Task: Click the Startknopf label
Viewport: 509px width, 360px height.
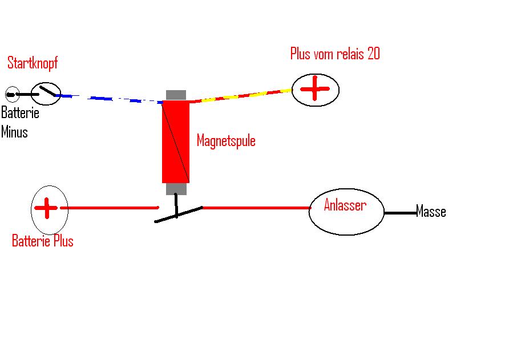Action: pyautogui.click(x=33, y=63)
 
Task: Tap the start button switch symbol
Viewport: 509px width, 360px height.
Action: pyautogui.click(x=46, y=92)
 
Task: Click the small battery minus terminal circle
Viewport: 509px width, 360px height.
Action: pyautogui.click(x=11, y=94)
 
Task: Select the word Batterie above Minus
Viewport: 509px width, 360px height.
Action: pyautogui.click(x=20, y=112)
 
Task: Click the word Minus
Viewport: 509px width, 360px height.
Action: pyautogui.click(x=14, y=132)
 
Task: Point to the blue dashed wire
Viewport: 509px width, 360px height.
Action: pyautogui.click(x=114, y=99)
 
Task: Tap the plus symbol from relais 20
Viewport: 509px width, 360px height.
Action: pyautogui.click(x=315, y=90)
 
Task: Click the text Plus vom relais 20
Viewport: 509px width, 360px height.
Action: pyautogui.click(x=335, y=54)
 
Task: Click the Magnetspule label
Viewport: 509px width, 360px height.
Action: pyautogui.click(x=226, y=140)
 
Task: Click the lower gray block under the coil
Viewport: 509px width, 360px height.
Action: pyautogui.click(x=176, y=189)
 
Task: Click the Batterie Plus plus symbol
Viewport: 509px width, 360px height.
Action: pyautogui.click(x=46, y=208)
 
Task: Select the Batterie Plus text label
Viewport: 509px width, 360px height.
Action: pyautogui.click(x=43, y=241)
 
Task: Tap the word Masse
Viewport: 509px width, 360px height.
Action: pyautogui.click(x=431, y=212)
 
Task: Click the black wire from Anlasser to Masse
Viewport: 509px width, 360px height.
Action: pyautogui.click(x=399, y=213)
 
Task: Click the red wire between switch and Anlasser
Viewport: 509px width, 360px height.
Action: pyautogui.click(x=257, y=208)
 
